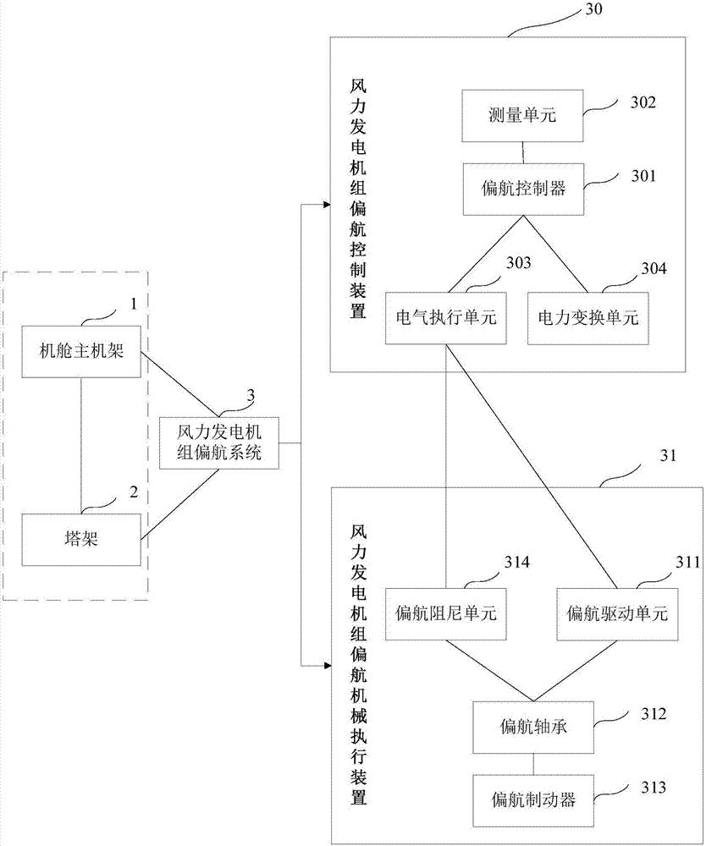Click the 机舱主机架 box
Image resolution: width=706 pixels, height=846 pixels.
click(82, 350)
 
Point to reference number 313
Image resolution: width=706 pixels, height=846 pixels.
click(652, 788)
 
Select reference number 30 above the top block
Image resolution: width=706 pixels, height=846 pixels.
click(595, 10)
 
